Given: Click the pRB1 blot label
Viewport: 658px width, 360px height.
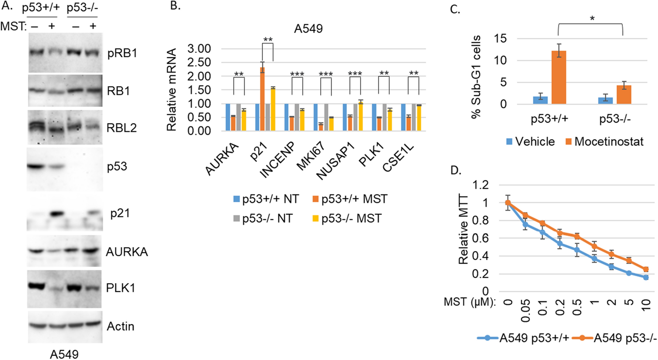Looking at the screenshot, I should pyautogui.click(x=122, y=53).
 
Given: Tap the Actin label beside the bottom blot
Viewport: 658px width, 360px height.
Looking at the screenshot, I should pyautogui.click(x=120, y=326).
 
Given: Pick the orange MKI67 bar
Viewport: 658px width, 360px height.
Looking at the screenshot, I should pyautogui.click(x=321, y=127).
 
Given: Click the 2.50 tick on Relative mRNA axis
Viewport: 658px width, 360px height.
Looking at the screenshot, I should pyautogui.click(x=199, y=62).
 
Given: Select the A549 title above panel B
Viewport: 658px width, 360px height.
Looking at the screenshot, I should pyautogui.click(x=308, y=29).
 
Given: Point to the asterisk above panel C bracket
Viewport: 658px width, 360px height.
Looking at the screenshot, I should pyautogui.click(x=592, y=18).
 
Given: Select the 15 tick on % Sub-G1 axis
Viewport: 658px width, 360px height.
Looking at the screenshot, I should pyautogui.click(x=500, y=39).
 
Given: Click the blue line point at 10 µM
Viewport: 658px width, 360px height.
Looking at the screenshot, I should pyautogui.click(x=646, y=277).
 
